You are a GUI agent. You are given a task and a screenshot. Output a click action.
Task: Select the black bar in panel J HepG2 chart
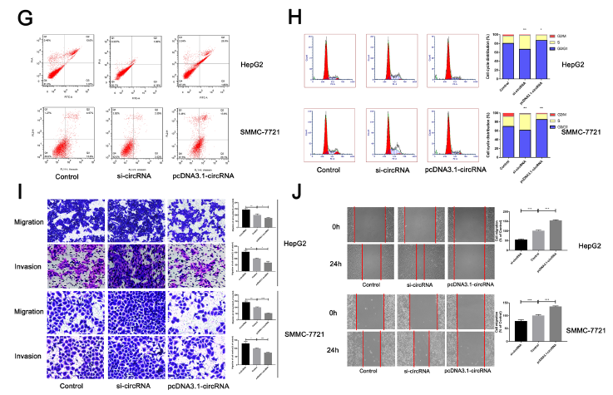click(x=522, y=244)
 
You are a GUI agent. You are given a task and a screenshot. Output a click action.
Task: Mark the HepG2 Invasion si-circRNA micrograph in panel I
click(x=136, y=264)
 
